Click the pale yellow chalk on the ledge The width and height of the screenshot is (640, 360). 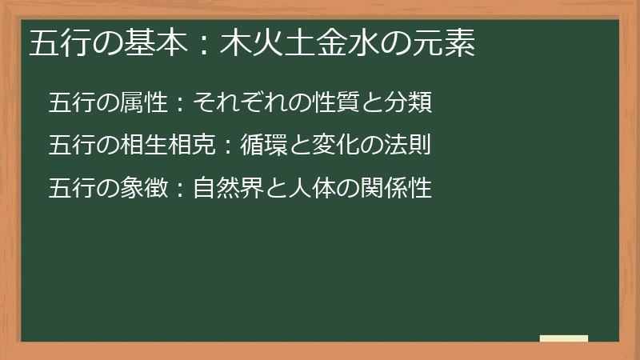tap(564, 338)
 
